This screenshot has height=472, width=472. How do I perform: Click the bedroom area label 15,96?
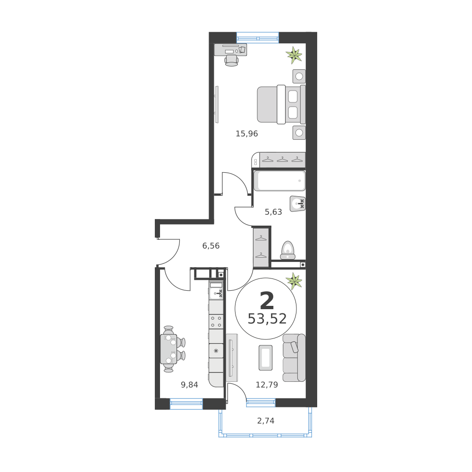coord(247,134)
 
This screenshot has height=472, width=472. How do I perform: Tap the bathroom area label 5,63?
coord(273,212)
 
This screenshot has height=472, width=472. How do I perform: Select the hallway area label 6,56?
coord(211,246)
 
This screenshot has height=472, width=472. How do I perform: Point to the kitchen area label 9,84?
coord(189,385)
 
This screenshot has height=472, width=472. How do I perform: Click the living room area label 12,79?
coord(267,385)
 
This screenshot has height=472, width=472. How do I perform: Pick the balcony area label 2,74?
coord(265,421)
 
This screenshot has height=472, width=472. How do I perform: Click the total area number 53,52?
coord(267,319)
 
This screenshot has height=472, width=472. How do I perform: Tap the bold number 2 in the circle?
coord(267,301)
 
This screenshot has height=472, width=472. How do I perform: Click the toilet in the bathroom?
coord(288,250)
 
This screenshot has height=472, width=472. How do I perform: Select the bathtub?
coord(279,181)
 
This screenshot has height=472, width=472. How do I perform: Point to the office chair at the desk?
coord(231,60)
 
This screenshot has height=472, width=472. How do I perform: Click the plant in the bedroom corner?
coord(294,55)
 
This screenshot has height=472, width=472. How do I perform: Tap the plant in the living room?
coord(294,281)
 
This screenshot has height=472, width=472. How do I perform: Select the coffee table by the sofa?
coord(265,358)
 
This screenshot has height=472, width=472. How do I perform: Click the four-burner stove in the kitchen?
coord(216,321)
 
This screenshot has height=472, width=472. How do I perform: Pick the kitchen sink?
coord(216,293)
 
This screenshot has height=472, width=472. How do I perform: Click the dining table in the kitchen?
coord(169,349)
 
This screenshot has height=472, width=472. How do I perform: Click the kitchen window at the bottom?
coord(186,404)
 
